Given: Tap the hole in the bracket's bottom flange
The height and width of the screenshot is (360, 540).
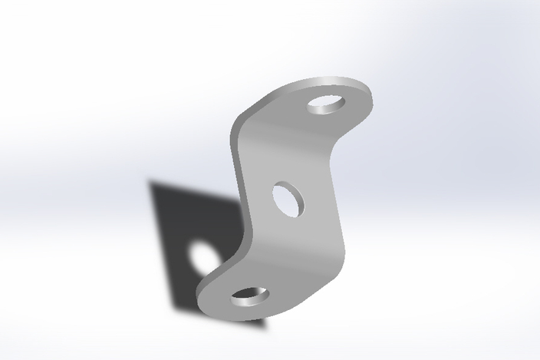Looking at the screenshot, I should pos(250,295).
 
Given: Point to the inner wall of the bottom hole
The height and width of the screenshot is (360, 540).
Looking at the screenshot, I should pos(249,292).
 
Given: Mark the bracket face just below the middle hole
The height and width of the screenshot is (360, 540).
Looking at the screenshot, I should pos(295,230).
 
